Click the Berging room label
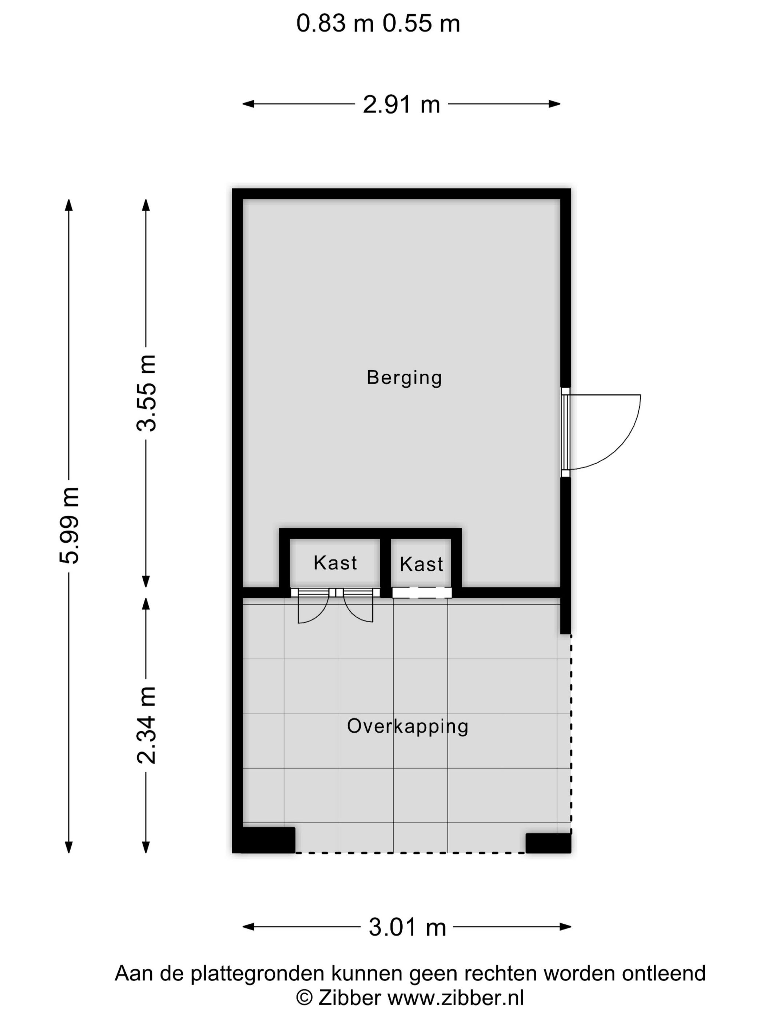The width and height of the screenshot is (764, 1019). [x=404, y=378]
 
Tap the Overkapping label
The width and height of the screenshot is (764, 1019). [x=407, y=726]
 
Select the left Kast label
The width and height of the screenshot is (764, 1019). [x=335, y=563]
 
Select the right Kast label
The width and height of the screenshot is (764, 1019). [x=421, y=564]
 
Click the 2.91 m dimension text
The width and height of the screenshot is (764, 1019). [x=401, y=104]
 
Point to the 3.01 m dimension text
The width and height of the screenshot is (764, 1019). [x=407, y=927]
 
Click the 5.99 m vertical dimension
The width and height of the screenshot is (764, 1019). [x=69, y=525]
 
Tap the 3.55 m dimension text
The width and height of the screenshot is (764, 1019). [x=147, y=393]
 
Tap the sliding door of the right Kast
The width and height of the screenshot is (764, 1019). [x=421, y=593]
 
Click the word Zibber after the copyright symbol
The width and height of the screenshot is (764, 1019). [x=349, y=998]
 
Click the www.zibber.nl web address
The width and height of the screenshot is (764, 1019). [x=455, y=998]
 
